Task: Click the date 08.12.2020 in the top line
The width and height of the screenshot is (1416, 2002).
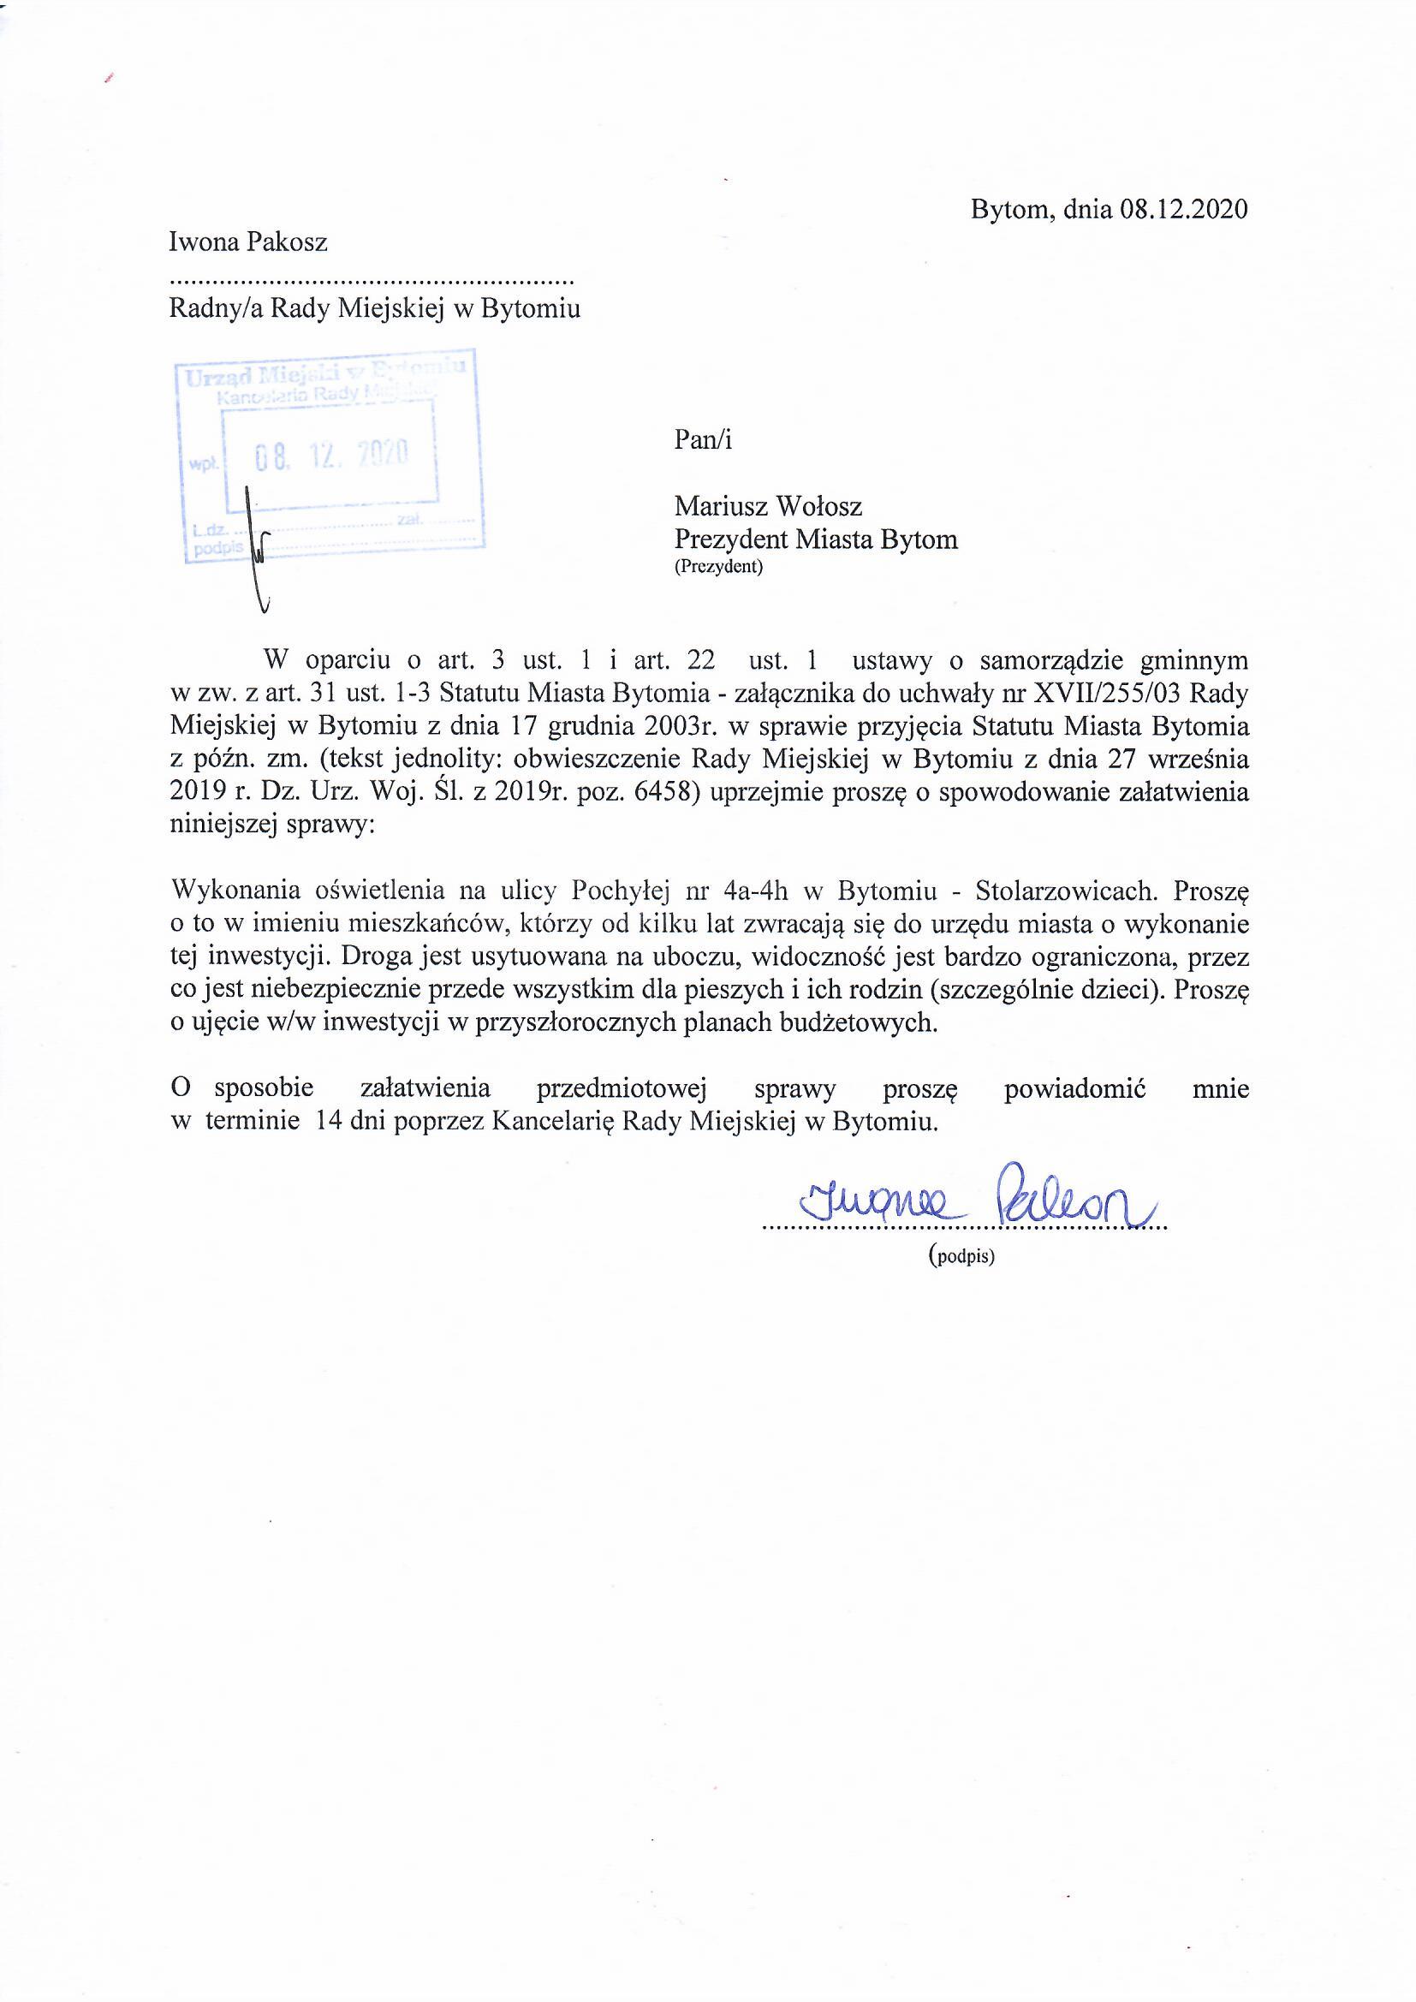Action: click(1183, 210)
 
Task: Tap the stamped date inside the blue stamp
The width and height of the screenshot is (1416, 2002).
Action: click(330, 455)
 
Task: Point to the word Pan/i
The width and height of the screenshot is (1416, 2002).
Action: click(703, 439)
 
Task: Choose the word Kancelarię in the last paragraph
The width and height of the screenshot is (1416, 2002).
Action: click(555, 1122)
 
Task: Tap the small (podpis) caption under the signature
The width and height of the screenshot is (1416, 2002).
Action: click(961, 1257)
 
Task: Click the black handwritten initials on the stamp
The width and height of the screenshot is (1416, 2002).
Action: click(259, 550)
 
